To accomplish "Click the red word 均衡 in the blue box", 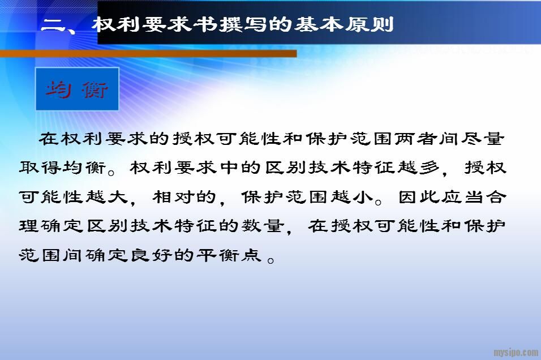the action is (77, 89).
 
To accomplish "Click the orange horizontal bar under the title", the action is (148, 54).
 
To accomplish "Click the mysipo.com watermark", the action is (516, 352).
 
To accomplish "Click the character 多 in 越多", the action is (429, 168).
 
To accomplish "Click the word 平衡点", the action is (229, 255).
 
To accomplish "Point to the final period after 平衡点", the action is (271, 260).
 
